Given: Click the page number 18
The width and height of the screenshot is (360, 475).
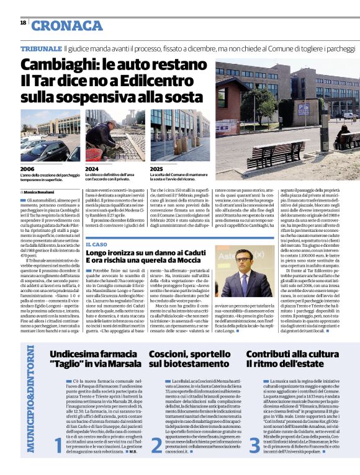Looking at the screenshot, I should pyautogui.click(x=22, y=22).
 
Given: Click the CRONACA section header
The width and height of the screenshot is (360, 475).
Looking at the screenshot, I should pyautogui.click(x=68, y=25).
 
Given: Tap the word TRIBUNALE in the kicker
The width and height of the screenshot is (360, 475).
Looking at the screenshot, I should pyautogui.click(x=40, y=48).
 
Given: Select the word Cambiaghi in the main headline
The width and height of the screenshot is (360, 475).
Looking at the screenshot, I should pyautogui.click(x=59, y=65).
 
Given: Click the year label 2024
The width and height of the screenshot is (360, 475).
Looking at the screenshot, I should pyautogui.click(x=92, y=169).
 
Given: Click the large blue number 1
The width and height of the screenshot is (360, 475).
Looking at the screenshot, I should pyautogui.click(x=58, y=428).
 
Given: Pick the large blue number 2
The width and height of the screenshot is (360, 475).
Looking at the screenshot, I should pyautogui.click(x=156, y=428).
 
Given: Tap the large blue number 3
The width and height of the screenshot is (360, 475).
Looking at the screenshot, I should pyautogui.click(x=254, y=428).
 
